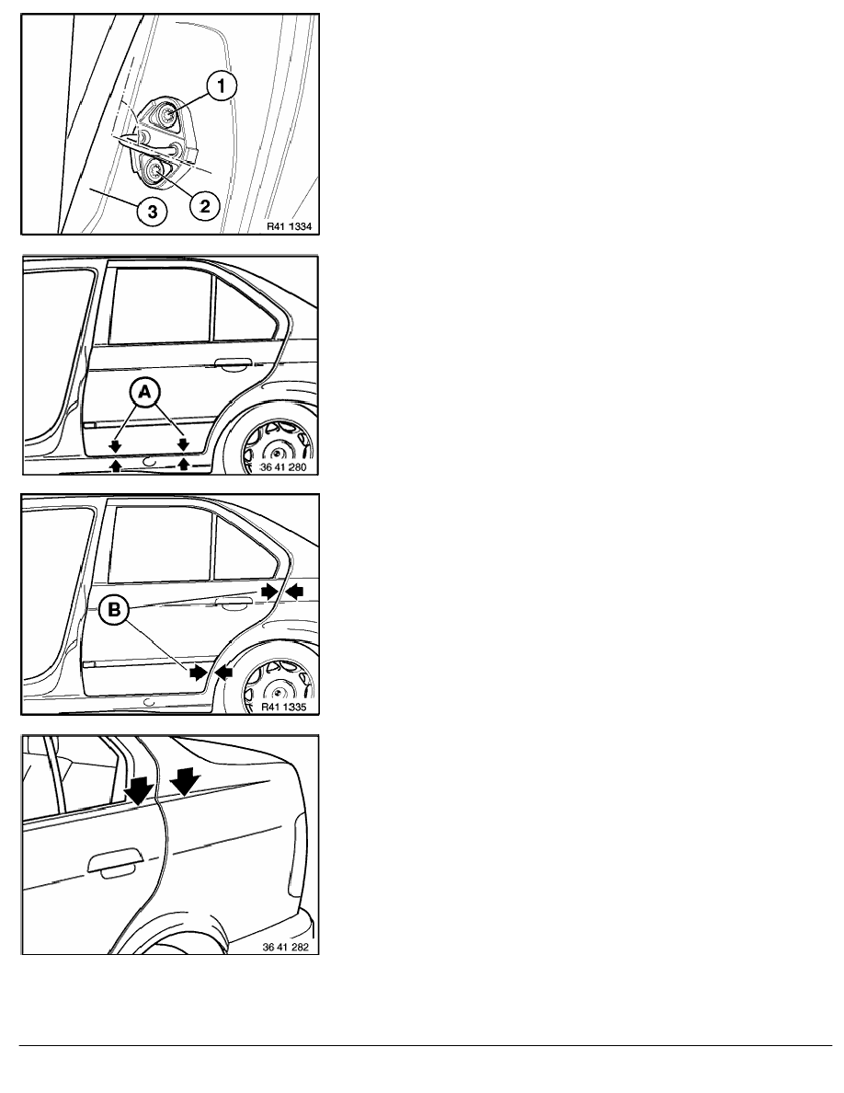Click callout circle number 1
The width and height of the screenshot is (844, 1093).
[x=222, y=86]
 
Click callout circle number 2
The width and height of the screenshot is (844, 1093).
[x=205, y=206]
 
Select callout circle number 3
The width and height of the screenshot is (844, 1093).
[x=153, y=212]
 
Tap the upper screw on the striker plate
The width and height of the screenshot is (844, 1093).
[x=167, y=113]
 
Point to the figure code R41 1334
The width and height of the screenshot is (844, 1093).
[x=289, y=225]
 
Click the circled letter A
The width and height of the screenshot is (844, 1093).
[x=144, y=394]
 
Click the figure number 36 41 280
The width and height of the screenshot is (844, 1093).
[x=283, y=466]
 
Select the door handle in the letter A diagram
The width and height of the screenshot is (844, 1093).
[x=234, y=363]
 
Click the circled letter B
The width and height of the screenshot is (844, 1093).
[x=113, y=610]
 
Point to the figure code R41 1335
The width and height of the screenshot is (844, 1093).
[x=283, y=707]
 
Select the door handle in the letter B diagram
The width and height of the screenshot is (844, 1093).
[x=234, y=603]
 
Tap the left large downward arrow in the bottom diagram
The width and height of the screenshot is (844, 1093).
[x=139, y=789]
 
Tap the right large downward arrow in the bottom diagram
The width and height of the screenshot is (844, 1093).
[x=185, y=781]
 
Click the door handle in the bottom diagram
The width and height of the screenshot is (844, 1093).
[x=116, y=862]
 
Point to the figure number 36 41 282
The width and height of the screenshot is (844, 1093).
[x=286, y=947]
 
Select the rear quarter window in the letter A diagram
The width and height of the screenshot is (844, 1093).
[x=243, y=308]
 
